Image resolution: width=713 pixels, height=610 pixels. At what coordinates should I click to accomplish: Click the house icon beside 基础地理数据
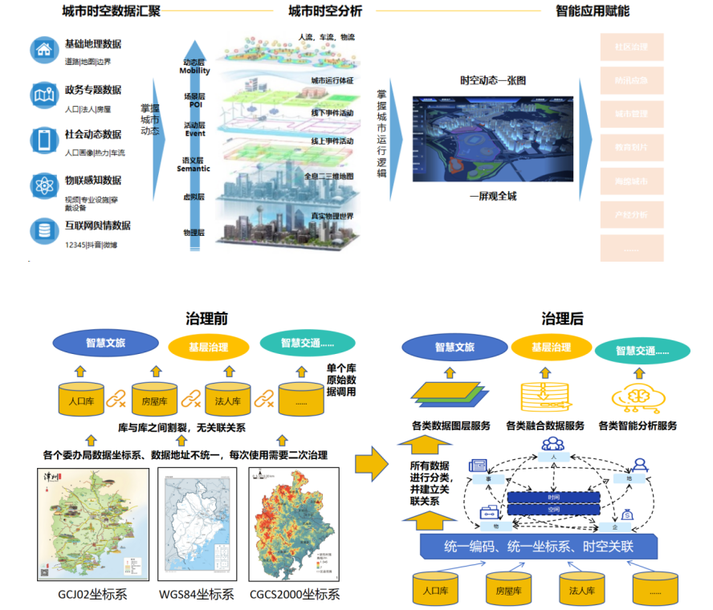(43, 50)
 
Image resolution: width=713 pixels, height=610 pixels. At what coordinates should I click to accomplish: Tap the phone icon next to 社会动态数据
(43, 140)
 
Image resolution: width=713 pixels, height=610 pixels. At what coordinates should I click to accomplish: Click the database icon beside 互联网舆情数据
(43, 231)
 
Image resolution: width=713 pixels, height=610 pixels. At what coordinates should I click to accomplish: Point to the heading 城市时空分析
(325, 11)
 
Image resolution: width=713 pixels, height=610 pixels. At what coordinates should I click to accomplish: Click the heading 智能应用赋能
(593, 11)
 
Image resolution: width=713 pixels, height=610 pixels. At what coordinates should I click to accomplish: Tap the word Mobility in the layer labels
(194, 71)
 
